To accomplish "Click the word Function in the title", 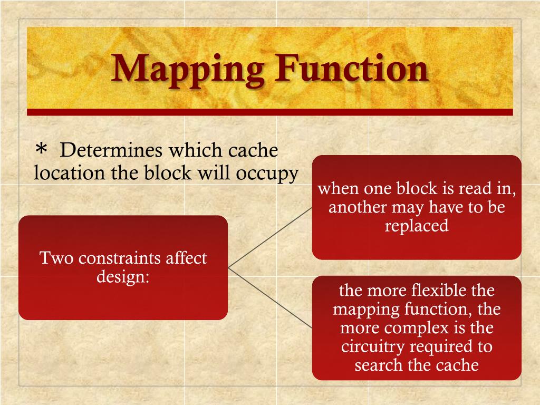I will [351, 69].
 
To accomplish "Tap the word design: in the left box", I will [123, 276].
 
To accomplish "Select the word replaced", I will [417, 226].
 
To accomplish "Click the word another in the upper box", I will [358, 207].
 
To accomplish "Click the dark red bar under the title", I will [269, 112].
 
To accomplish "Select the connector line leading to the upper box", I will [270, 237].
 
